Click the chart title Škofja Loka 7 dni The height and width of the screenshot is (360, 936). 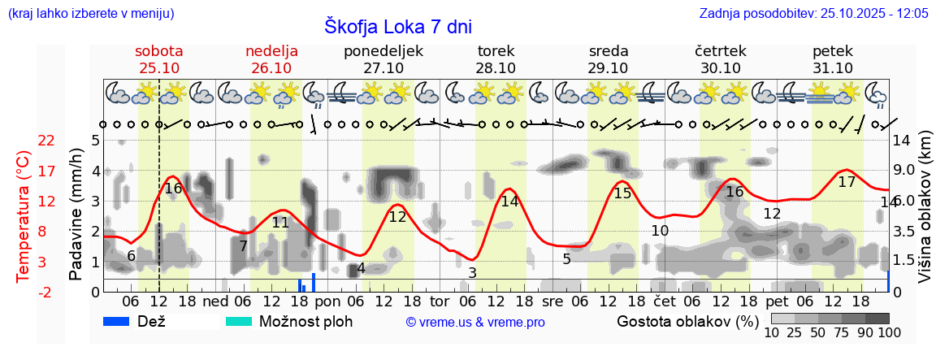tap(397, 25)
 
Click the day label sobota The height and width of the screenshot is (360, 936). tap(158, 51)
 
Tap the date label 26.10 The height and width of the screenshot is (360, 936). tap(271, 68)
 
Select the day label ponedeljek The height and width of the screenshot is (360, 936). tap(383, 51)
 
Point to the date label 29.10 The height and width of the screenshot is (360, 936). tap(609, 68)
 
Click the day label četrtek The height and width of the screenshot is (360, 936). tap(720, 51)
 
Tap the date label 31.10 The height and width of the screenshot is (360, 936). tap(833, 68)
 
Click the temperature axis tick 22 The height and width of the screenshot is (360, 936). tap(46, 141)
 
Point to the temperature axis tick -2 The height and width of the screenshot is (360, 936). tap(46, 292)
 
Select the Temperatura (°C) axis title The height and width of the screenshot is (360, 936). tap(24, 215)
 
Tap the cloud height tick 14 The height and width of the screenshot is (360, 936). tap(901, 141)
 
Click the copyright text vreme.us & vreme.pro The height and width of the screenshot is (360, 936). tap(474, 323)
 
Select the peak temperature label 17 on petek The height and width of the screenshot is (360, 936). tap(847, 182)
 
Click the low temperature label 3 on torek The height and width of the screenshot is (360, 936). tap(472, 273)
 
